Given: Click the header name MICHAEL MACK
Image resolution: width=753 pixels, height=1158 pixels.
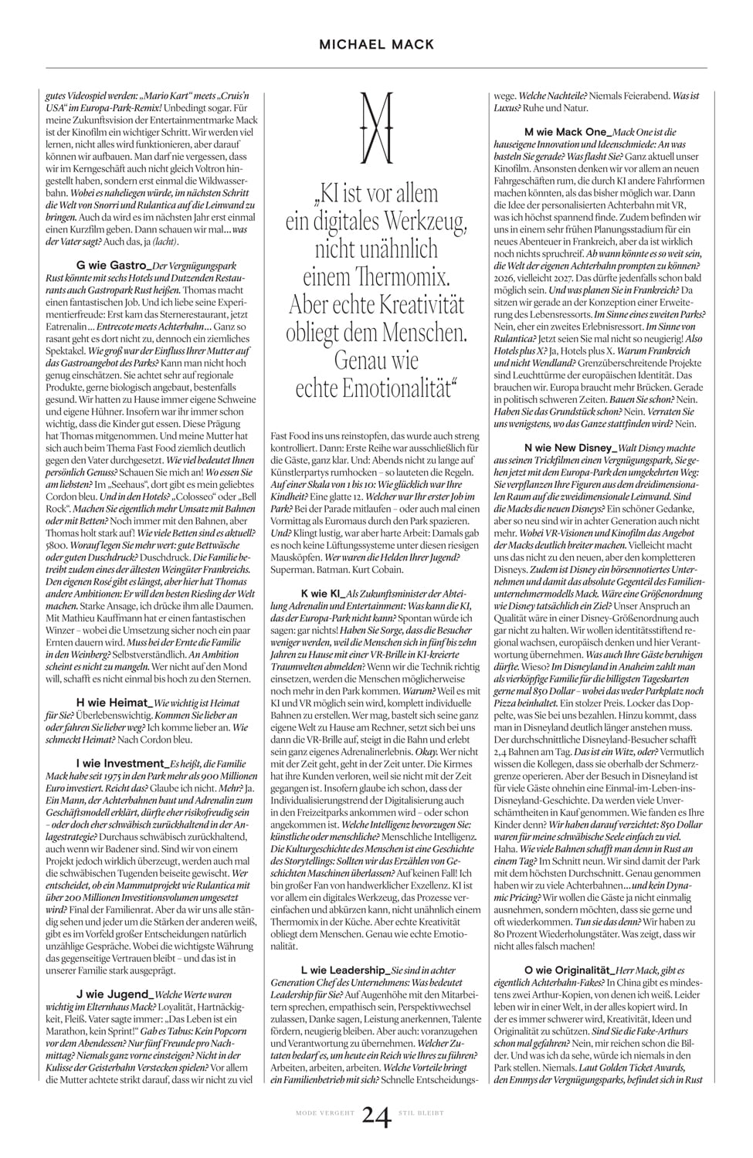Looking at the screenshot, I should pyautogui.click(x=377, y=45).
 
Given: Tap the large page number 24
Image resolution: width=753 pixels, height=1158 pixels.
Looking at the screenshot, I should pyautogui.click(x=376, y=1115).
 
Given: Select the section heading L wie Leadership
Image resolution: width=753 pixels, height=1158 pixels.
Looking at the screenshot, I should pyautogui.click(x=345, y=970).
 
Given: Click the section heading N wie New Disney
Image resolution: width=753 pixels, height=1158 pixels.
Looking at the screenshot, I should pyautogui.click(x=570, y=448).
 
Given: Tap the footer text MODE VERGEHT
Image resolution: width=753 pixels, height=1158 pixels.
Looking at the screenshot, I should pyautogui.click(x=325, y=1113).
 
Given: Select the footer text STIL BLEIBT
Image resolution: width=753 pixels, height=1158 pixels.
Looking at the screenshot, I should pyautogui.click(x=422, y=1113).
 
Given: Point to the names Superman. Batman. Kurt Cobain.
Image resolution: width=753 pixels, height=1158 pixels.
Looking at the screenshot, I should pyautogui.click(x=337, y=570).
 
